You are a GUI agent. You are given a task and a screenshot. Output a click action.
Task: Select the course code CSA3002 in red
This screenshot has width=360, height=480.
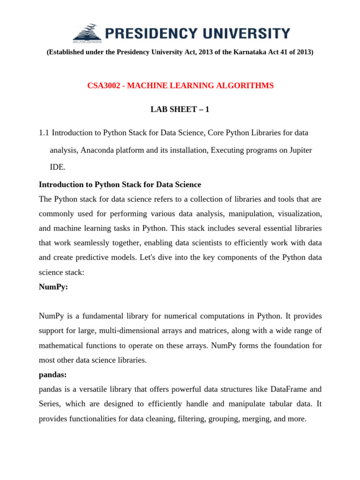point(103,85)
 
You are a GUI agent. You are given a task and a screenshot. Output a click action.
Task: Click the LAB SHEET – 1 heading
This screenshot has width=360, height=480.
point(180,109)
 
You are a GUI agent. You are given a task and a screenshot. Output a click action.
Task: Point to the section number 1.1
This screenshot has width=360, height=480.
point(44,133)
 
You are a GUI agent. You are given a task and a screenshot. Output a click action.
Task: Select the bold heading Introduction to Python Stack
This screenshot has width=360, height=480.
point(120,184)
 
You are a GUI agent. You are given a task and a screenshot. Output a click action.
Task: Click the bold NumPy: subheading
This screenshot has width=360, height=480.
point(53,287)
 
